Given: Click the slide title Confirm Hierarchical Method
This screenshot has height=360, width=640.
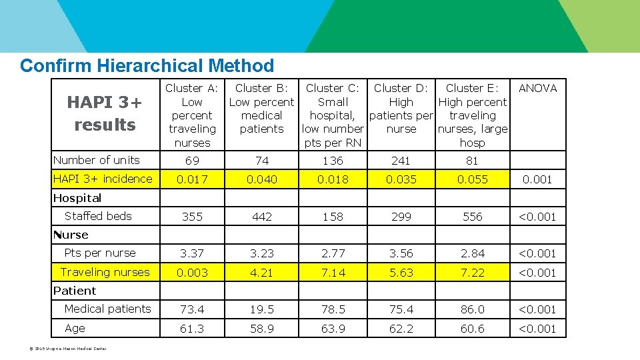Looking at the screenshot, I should (x=147, y=66).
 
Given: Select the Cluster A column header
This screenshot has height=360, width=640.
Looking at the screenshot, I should (x=192, y=115).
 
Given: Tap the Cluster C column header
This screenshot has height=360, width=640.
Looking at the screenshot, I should (x=333, y=115).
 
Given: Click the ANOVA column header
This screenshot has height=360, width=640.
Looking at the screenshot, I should (x=537, y=88).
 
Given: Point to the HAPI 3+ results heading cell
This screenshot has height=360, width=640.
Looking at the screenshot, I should (x=105, y=113).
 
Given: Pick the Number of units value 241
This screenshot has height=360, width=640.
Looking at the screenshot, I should (x=401, y=161).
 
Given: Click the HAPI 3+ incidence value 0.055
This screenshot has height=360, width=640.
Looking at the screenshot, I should (x=472, y=179).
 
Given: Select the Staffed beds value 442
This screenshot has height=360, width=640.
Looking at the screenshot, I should (x=261, y=217).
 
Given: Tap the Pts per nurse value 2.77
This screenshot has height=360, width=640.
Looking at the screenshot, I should (x=333, y=253).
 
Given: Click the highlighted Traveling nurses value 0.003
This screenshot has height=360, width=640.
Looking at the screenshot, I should (x=192, y=273).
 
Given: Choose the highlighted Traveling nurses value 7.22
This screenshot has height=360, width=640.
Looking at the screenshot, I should (x=472, y=273).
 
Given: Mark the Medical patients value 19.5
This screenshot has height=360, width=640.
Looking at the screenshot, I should (x=261, y=309).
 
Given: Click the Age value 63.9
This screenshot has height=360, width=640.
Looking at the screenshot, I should (x=333, y=329).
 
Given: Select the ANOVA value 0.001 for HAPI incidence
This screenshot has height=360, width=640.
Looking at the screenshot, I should (x=537, y=179).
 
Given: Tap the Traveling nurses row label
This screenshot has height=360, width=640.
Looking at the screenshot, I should (x=105, y=272).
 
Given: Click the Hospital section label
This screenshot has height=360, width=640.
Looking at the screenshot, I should (x=77, y=198).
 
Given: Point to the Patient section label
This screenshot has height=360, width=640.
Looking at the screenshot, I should (x=75, y=291).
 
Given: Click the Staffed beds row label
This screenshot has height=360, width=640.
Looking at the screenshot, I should (x=98, y=216).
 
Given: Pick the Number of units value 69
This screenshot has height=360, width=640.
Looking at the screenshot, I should (x=192, y=161).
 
